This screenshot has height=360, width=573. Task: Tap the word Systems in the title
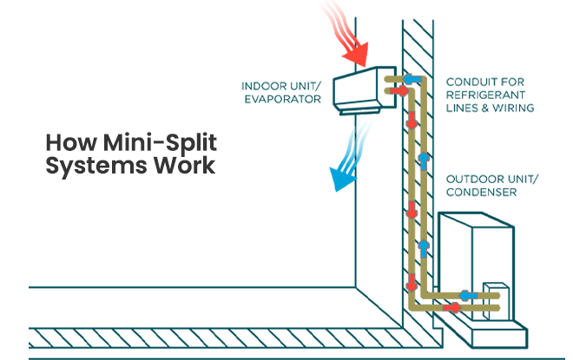(x=84, y=166)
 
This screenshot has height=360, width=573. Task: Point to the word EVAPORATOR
(x=283, y=100)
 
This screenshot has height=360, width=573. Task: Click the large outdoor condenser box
(x=477, y=260)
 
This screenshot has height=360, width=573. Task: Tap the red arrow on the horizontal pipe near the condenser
(x=451, y=308)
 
